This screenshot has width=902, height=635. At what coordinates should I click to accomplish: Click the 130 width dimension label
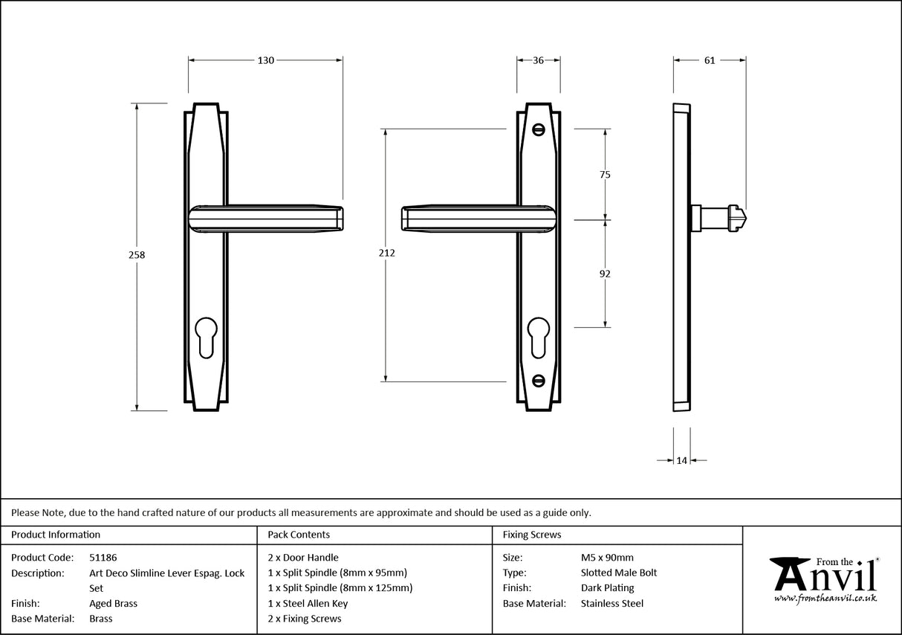(x=266, y=60)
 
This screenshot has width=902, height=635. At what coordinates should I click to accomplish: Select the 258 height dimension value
(x=137, y=254)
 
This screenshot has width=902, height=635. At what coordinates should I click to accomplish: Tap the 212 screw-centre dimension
(x=386, y=253)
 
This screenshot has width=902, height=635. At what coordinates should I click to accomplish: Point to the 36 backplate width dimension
(x=539, y=60)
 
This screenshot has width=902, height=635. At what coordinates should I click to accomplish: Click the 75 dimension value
(x=605, y=175)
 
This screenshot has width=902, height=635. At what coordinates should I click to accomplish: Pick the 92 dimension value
(x=605, y=274)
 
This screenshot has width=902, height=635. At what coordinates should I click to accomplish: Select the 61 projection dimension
(x=710, y=60)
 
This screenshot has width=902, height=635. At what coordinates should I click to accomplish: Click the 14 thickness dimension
(x=681, y=461)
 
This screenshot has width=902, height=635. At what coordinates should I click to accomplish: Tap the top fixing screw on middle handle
(x=539, y=129)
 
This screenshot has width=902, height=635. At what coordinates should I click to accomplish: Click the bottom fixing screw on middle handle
(x=539, y=381)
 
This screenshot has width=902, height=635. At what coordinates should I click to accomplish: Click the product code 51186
(x=103, y=557)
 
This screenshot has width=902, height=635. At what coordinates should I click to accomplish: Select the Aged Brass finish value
(x=113, y=604)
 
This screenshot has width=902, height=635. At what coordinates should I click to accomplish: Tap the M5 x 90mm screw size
(x=607, y=557)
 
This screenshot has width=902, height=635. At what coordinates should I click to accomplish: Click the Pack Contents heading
(x=299, y=535)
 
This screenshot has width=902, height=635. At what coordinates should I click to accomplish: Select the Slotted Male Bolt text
(x=619, y=573)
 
